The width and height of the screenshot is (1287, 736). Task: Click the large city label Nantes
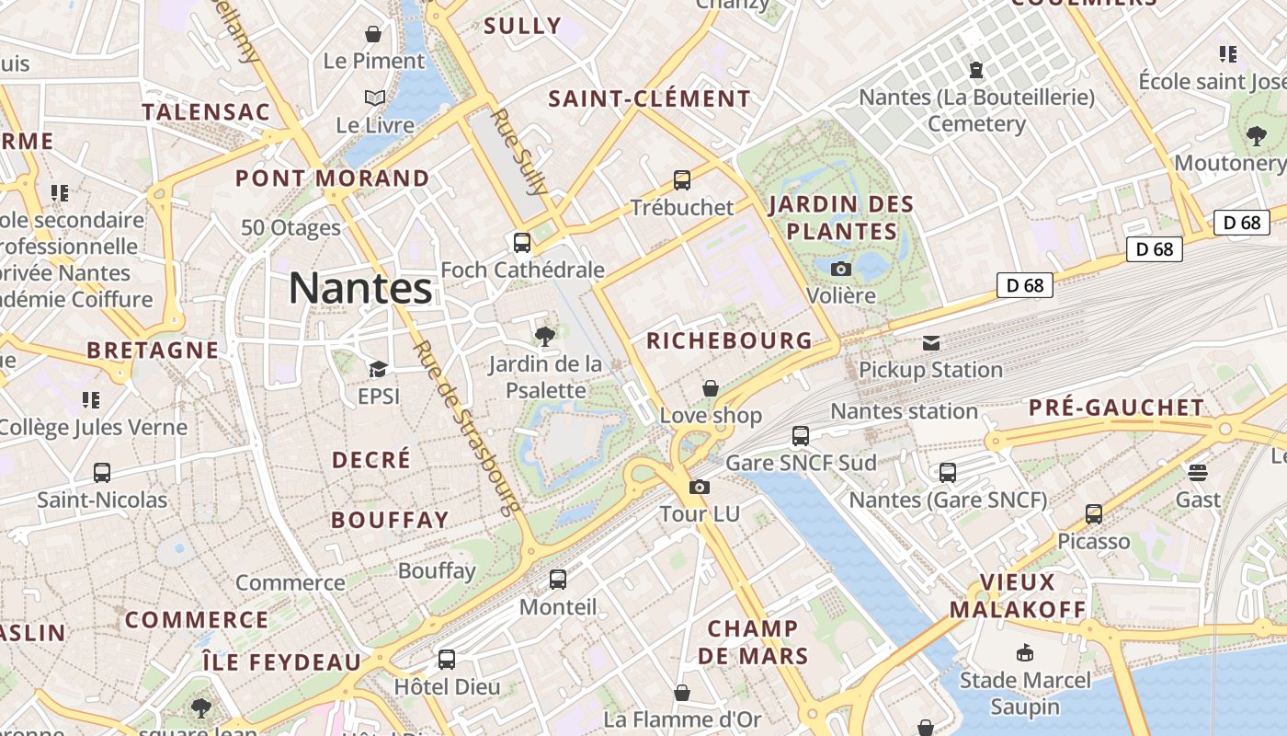[360, 288]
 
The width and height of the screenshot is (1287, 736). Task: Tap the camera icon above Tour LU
[700, 487]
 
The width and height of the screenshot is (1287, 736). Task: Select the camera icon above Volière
[840, 270]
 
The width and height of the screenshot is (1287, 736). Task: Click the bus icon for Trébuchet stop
[682, 180]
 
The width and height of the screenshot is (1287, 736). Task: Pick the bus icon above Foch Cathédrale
[522, 243]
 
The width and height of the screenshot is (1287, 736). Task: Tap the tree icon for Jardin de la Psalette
[545, 337]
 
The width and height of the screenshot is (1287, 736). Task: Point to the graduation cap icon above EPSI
[378, 370]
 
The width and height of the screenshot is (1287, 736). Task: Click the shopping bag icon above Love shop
[711, 389]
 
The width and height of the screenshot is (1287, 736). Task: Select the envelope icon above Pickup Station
[931, 343]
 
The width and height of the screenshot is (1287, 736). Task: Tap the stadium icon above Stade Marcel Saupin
[1025, 653]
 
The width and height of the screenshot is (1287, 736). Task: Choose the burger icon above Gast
[1197, 473]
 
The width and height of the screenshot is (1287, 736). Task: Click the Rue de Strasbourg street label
[467, 428]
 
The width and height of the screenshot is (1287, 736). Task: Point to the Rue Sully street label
[519, 153]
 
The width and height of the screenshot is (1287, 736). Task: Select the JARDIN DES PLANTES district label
[842, 217]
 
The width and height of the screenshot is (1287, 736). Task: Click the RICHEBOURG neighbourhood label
[730, 340]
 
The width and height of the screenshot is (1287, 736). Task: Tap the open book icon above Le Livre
[374, 98]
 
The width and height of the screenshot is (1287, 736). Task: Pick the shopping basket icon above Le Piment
[373, 35]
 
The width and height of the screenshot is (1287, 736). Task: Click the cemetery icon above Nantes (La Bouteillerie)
[976, 70]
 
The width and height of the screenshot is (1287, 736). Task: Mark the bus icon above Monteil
[558, 580]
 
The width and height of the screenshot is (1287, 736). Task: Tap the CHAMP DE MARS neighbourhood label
[753, 642]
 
